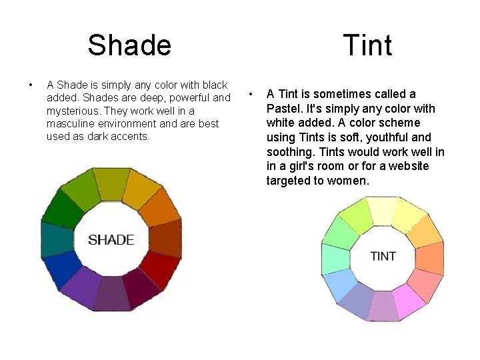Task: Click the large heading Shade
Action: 129,45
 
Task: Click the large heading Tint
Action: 367,45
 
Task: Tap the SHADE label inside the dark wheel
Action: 111,240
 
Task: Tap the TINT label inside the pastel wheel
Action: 383,256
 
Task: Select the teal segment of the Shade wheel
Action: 57,240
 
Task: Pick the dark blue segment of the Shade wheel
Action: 63,269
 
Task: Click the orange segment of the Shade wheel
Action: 160,207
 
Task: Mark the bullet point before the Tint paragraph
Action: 251,94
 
